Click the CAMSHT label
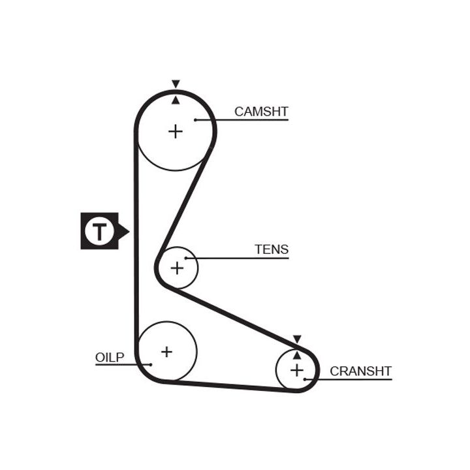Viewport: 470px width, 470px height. coord(261,112)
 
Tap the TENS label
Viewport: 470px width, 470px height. coord(272,249)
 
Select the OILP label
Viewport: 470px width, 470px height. coord(109,357)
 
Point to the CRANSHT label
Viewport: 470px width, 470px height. coord(360,371)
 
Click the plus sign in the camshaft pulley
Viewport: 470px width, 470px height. coord(176,131)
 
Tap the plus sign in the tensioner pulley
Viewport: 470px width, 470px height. coord(177,267)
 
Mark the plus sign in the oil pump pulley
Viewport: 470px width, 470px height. coord(166,351)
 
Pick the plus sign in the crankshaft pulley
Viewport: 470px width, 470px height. coord(297,371)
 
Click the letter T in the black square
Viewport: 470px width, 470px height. coord(99,231)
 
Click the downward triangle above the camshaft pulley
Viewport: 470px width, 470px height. coord(176,84)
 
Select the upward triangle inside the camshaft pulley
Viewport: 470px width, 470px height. coord(176,100)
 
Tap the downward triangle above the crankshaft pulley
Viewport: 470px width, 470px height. coord(297,339)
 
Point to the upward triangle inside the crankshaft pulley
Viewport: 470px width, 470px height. coord(297,355)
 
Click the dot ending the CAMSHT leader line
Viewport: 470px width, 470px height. coord(195,119)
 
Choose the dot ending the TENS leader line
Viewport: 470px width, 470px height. coord(185,258)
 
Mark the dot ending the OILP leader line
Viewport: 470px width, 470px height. coord(151,364)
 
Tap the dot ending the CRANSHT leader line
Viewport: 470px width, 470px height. coord(305,379)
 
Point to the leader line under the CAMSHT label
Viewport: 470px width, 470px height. coord(248,119)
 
